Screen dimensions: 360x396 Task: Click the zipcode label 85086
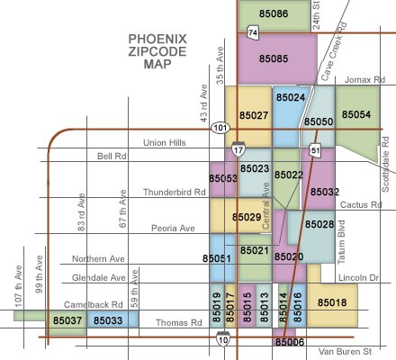pyautogui.click(x=273, y=14)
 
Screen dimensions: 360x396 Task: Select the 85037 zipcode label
pyautogui.click(x=67, y=320)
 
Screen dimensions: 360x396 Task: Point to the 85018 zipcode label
pyautogui.click(x=332, y=302)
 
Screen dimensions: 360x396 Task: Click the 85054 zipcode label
pyautogui.click(x=355, y=115)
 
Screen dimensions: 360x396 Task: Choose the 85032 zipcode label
pyautogui.click(x=324, y=192)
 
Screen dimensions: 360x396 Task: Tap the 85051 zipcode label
pyautogui.click(x=218, y=259)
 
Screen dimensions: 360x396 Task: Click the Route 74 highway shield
pyautogui.click(x=253, y=33)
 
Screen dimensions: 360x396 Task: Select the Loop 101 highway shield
pyautogui.click(x=220, y=129)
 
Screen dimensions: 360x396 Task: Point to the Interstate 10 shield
pyautogui.click(x=223, y=339)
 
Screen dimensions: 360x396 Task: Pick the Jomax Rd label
pyautogui.click(x=364, y=78)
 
